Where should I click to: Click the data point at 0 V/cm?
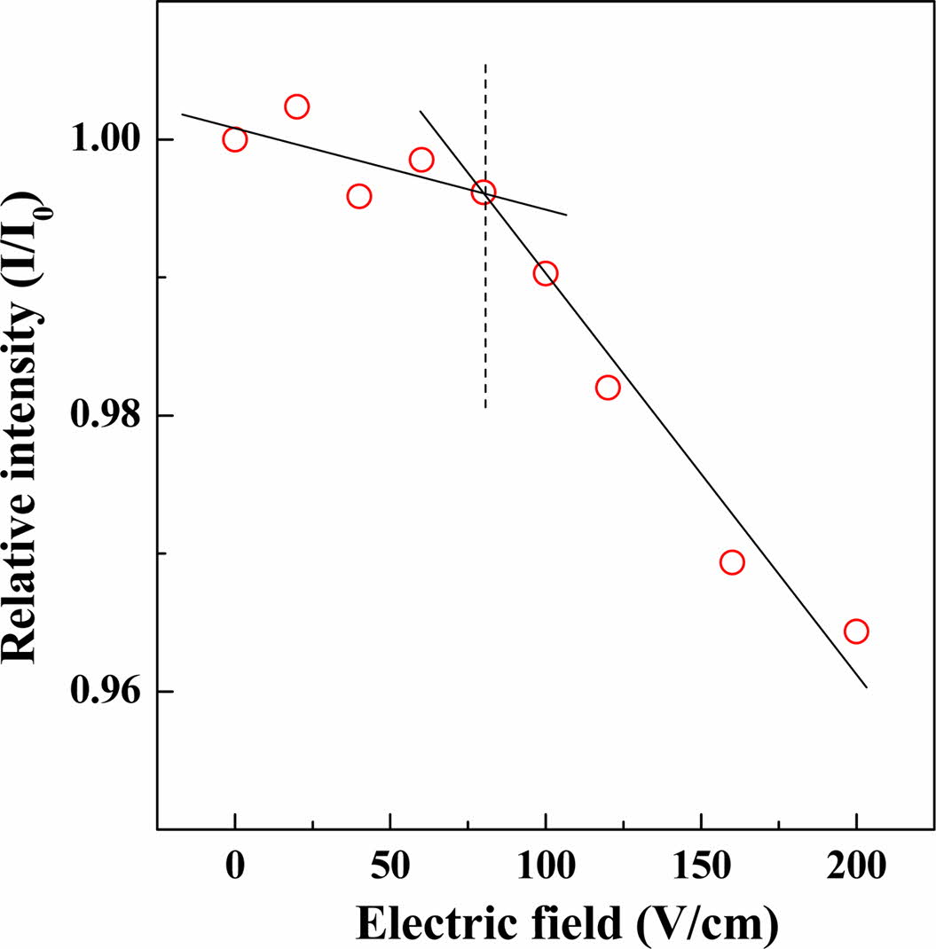click(x=234, y=139)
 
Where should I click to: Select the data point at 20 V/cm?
click(x=296, y=106)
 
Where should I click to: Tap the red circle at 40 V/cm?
click(x=358, y=196)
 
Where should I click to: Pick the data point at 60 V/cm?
click(x=421, y=160)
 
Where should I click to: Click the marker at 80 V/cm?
click(x=484, y=192)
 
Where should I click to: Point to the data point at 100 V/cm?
click(x=546, y=273)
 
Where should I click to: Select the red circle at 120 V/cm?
click(x=608, y=388)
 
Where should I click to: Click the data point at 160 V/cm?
click(x=732, y=562)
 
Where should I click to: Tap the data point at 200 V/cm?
click(x=856, y=631)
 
